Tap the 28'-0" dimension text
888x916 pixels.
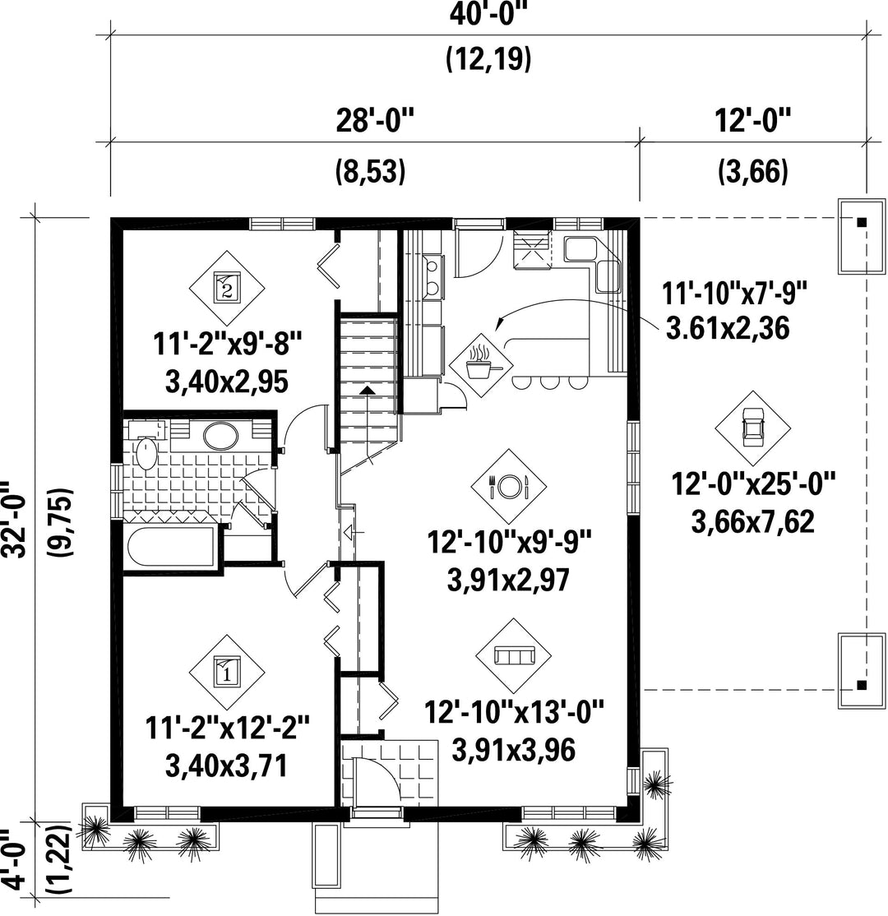click(374, 122)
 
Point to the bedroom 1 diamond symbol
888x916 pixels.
click(227, 672)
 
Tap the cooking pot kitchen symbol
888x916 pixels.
click(481, 365)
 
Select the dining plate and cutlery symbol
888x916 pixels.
click(508, 485)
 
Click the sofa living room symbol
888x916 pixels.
click(514, 655)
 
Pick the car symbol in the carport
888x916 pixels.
click(752, 428)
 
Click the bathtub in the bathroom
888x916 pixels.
click(170, 547)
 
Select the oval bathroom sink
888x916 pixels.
click(220, 435)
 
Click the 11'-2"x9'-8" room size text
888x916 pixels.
click(227, 344)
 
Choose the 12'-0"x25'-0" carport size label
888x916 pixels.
click(754, 484)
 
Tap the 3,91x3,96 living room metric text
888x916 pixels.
click(514, 750)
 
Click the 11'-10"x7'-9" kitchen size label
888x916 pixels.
click(734, 293)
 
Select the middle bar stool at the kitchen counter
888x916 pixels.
click(548, 382)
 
